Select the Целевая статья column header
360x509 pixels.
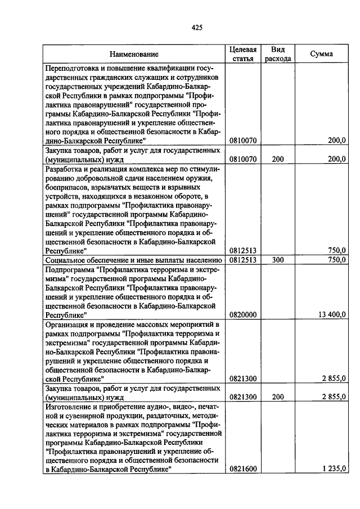[x=243, y=54]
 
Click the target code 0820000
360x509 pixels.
[x=243, y=315]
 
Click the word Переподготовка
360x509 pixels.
[x=71, y=69]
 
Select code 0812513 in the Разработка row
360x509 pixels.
[x=243, y=250]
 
